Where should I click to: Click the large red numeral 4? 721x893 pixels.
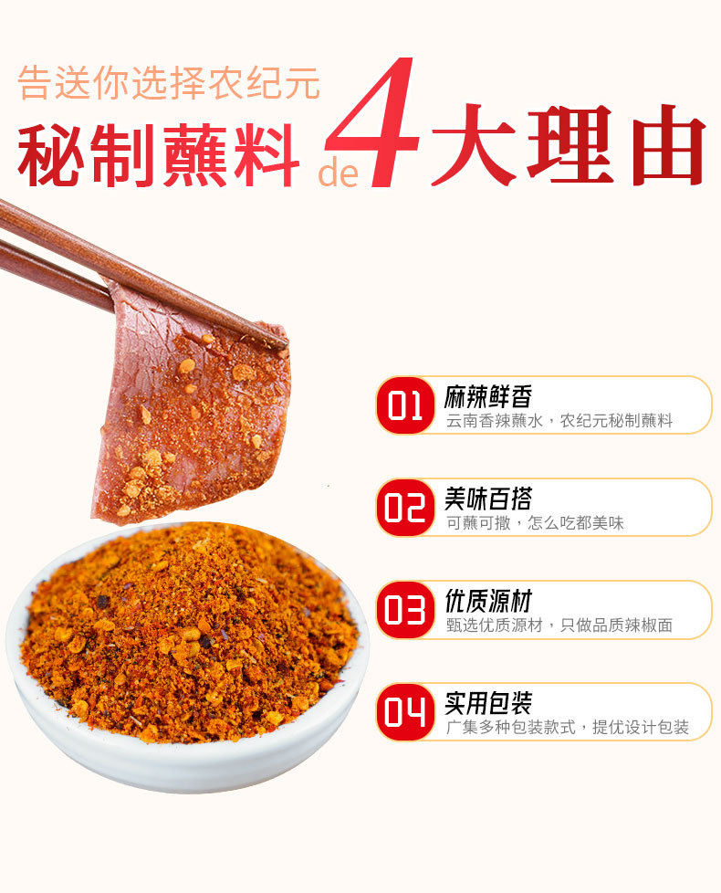[376, 122]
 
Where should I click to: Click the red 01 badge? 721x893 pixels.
[404, 404]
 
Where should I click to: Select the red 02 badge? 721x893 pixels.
[404, 508]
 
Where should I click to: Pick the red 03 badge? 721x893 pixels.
[404, 610]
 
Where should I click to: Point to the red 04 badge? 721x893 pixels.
[404, 712]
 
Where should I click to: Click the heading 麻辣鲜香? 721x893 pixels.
[488, 397]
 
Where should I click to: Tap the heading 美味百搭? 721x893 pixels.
[488, 499]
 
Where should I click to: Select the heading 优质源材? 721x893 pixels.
[488, 602]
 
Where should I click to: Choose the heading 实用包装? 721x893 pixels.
[488, 703]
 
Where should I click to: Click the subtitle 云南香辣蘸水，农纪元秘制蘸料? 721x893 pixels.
[559, 421]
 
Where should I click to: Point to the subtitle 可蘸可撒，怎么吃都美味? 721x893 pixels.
[535, 523]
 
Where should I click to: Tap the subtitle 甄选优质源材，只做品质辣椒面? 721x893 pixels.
[559, 625]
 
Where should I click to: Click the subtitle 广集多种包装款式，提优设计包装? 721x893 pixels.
[568, 727]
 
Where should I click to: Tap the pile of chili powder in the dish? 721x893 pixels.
[188, 632]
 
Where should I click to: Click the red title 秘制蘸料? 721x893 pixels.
[159, 155]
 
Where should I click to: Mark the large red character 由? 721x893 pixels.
[669, 145]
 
